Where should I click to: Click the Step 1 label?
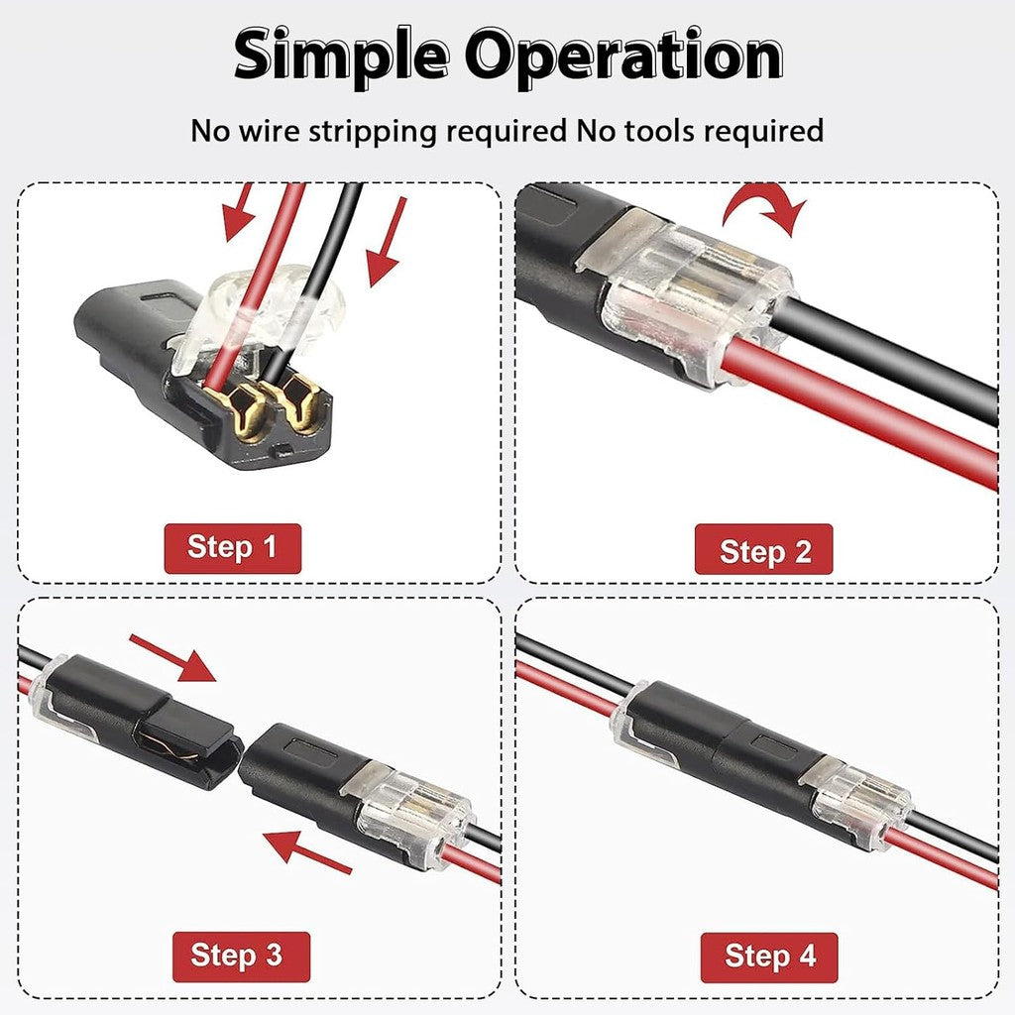tap(232, 547)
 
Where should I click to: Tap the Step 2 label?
tap(764, 550)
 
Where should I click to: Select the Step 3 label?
tap(236, 956)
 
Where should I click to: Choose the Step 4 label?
tap(769, 957)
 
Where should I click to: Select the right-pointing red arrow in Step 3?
tap(172, 658)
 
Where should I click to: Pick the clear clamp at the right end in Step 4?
tap(858, 803)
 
